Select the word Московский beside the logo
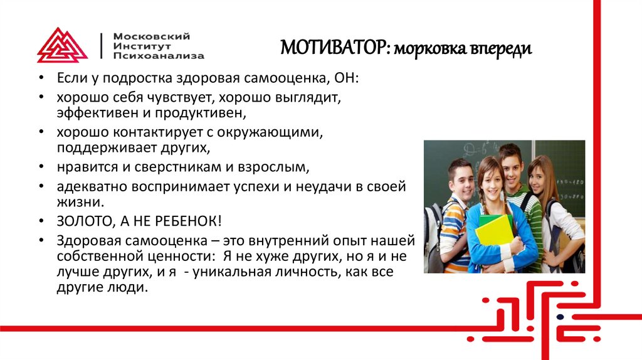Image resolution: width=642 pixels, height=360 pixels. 151,36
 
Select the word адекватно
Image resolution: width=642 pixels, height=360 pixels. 90,186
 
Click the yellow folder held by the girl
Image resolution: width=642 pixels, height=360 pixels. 495,231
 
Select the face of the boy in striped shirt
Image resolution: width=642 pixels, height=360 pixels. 461,178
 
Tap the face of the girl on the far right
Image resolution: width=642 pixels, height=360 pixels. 539,177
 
